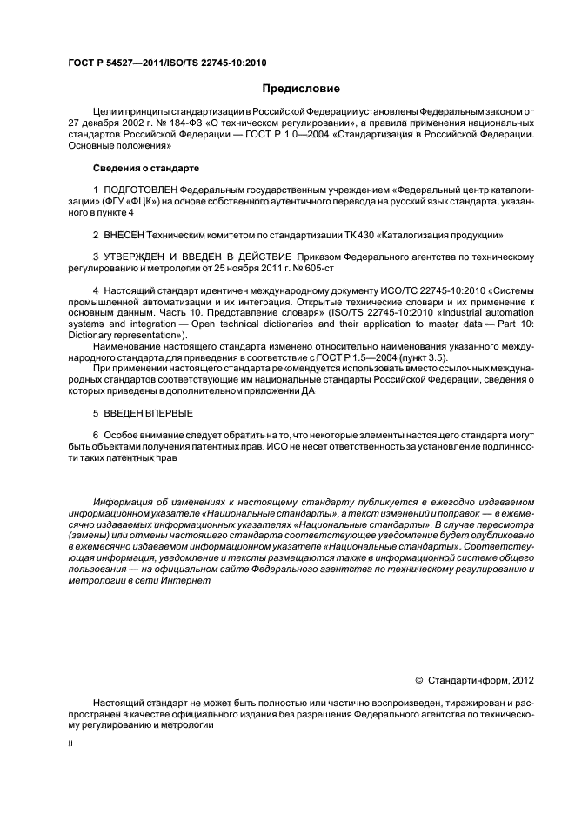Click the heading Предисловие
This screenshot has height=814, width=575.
[301, 89]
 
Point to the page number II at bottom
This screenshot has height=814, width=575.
[72, 744]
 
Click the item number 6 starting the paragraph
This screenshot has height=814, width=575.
[96, 434]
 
